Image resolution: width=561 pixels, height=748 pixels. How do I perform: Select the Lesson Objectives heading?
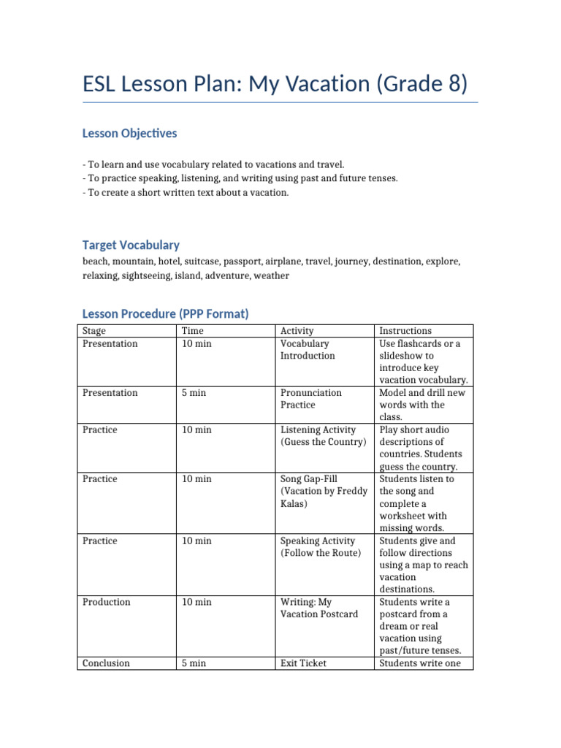point(129,134)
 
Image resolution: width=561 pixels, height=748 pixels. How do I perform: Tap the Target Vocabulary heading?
point(131,245)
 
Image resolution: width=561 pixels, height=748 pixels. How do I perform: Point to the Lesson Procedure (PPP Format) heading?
point(166,314)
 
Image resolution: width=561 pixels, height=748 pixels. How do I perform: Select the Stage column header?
point(95,331)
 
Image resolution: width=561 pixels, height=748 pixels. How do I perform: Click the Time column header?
point(193,331)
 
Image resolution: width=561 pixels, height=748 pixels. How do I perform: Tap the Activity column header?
point(297,331)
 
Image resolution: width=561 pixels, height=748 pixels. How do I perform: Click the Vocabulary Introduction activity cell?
point(308,350)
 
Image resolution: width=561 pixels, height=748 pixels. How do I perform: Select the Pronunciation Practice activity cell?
point(311,399)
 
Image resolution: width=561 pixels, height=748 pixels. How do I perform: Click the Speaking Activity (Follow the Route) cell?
point(321,547)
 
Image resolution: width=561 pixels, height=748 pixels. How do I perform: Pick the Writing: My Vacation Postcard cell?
point(319,608)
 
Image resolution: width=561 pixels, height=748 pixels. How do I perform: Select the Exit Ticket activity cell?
point(303,663)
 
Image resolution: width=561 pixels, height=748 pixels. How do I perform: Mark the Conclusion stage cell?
point(107,663)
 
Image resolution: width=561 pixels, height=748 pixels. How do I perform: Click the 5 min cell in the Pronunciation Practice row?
point(194,393)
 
